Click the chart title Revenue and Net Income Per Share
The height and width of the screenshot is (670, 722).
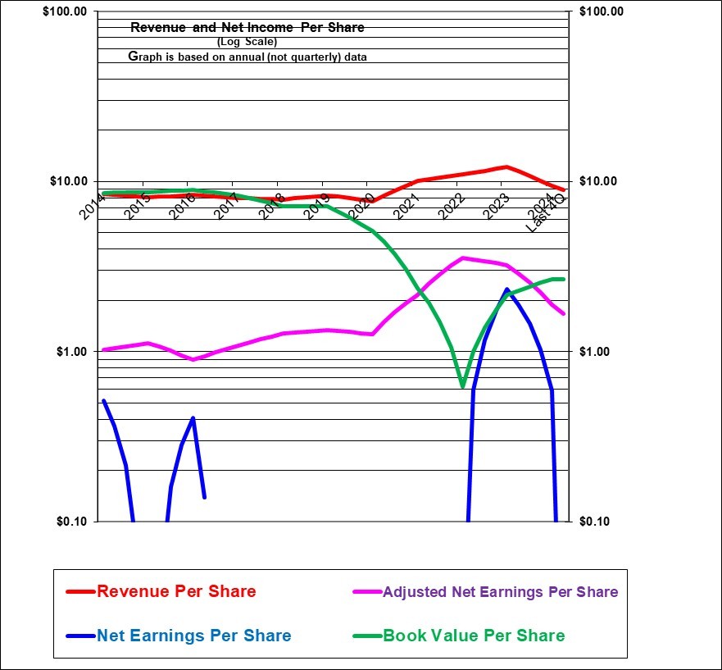tap(247, 28)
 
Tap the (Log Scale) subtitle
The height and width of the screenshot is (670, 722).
tap(247, 42)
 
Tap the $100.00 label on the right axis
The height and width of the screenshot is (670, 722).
tap(601, 11)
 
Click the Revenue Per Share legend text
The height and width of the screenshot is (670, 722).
tap(176, 591)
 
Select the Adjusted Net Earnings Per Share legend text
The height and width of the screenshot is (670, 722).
tap(500, 592)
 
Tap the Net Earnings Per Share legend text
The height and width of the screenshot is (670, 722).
tap(193, 636)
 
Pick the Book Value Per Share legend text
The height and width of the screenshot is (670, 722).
tap(474, 636)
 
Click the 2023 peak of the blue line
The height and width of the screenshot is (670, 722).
tap(507, 289)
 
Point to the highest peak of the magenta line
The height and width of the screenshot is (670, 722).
tap(463, 258)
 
